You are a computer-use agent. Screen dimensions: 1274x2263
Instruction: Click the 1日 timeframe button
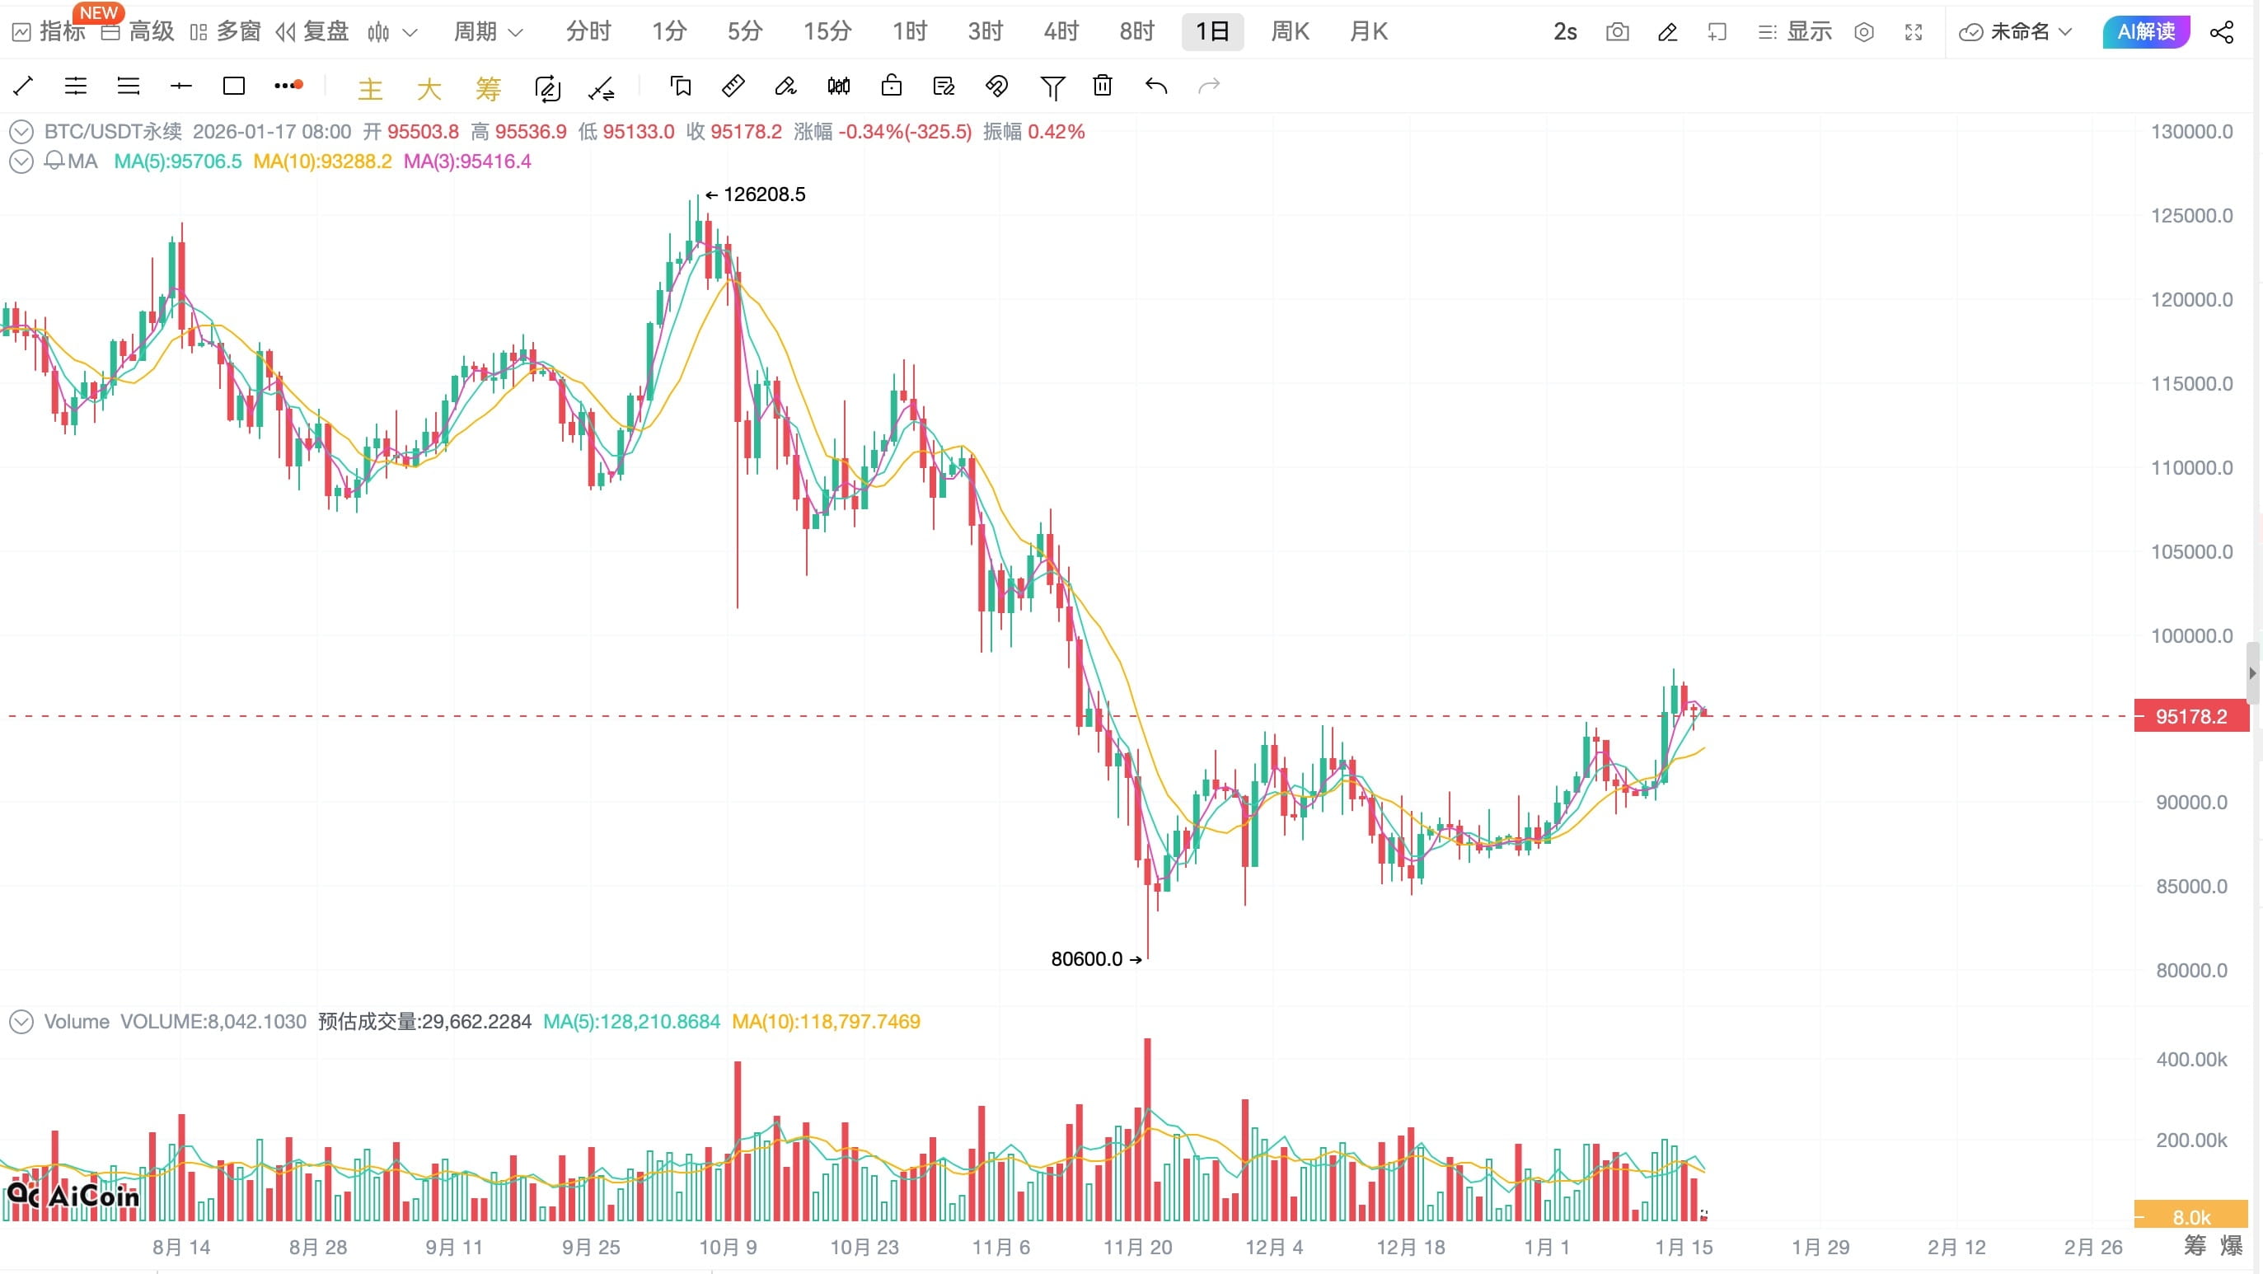pyautogui.click(x=1211, y=32)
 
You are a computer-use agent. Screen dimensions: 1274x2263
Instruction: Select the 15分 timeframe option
pyautogui.click(x=827, y=32)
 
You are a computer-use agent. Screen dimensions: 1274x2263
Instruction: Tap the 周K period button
pyautogui.click(x=1290, y=32)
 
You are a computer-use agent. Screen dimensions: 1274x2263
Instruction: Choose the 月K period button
pyautogui.click(x=1368, y=32)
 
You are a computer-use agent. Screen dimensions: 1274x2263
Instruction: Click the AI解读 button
pyautogui.click(x=2145, y=32)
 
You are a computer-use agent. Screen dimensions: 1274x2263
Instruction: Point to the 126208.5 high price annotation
pyautogui.click(x=762, y=194)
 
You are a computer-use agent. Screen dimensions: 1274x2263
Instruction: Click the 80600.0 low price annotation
pyautogui.click(x=1087, y=958)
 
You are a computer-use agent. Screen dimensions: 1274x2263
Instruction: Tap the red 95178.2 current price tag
pyautogui.click(x=2190, y=716)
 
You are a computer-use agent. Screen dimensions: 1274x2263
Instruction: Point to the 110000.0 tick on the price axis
pyautogui.click(x=2191, y=467)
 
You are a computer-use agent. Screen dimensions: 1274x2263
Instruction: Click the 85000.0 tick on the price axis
pyautogui.click(x=2191, y=886)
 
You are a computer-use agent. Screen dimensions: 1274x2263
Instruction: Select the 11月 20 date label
pyautogui.click(x=1136, y=1247)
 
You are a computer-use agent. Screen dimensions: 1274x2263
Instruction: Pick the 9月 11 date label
pyautogui.click(x=454, y=1247)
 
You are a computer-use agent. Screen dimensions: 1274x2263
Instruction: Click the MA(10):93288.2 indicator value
pyautogui.click(x=322, y=162)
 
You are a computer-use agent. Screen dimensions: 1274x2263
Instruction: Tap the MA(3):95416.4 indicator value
pyautogui.click(x=467, y=162)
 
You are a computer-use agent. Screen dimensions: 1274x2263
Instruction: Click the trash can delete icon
pyautogui.click(x=1103, y=86)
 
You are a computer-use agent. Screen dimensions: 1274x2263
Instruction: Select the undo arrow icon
pyautogui.click(x=1156, y=86)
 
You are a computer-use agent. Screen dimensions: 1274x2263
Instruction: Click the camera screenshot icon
pyautogui.click(x=1616, y=32)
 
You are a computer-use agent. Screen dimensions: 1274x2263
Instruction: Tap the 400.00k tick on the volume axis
pyautogui.click(x=2191, y=1060)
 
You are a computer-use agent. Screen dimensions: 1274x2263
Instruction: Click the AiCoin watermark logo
pyautogui.click(x=74, y=1196)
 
